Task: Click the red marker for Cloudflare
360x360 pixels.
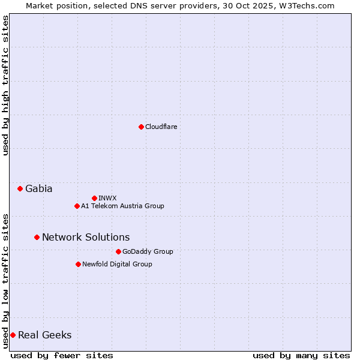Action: (141, 127)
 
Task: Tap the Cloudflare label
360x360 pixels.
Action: (161, 127)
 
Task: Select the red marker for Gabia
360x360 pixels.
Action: (20, 188)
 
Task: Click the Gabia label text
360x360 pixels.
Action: (38, 188)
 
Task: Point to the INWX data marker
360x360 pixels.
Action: (94, 198)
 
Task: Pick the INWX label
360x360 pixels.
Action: (107, 198)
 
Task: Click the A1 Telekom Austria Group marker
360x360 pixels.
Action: (77, 206)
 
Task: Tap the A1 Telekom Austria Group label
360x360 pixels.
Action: (122, 206)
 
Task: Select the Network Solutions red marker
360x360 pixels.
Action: (37, 237)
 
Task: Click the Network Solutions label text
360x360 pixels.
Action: (86, 237)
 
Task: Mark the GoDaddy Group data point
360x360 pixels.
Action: (118, 251)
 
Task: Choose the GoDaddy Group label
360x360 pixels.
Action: (148, 251)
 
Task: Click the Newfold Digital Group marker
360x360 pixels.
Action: (78, 264)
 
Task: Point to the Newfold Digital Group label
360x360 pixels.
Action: (117, 264)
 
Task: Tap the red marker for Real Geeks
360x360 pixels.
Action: (13, 335)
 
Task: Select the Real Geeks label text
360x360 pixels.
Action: (44, 335)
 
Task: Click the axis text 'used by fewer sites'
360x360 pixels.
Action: (62, 355)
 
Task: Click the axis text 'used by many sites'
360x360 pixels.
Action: (301, 355)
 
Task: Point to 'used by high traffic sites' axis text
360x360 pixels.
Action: (5, 85)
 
